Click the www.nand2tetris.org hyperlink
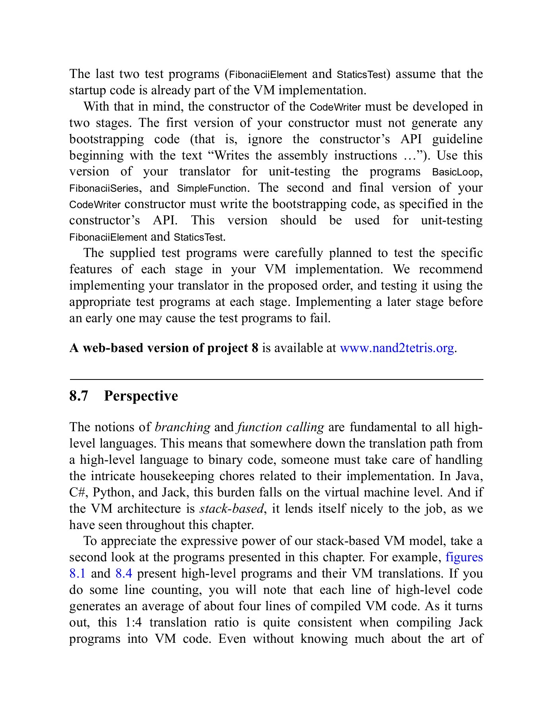[x=397, y=348]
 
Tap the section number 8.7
[x=79, y=396]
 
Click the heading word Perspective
[x=141, y=396]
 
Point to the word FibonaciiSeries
[x=104, y=189]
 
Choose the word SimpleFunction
[x=211, y=189]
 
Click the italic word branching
[x=182, y=427]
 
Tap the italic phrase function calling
[x=280, y=427]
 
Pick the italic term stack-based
[x=232, y=509]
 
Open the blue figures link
[x=464, y=557]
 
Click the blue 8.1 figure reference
[x=78, y=574]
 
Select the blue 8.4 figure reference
[x=124, y=574]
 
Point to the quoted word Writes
[x=231, y=156]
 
